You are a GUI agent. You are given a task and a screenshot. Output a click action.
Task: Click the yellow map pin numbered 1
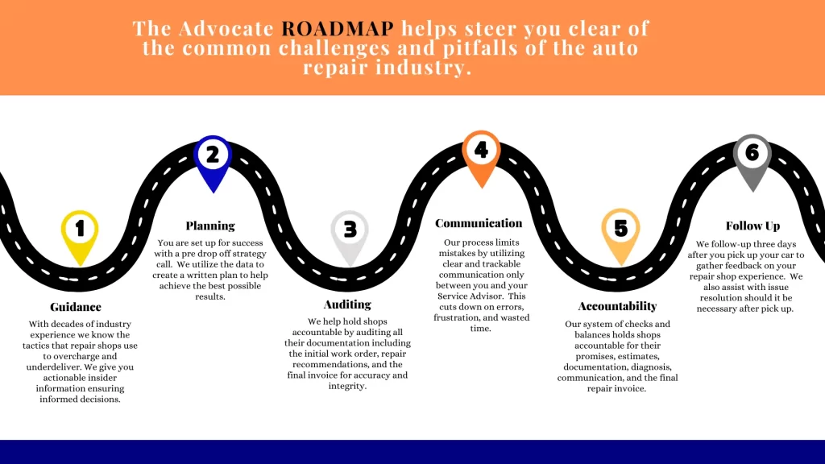(x=80, y=230)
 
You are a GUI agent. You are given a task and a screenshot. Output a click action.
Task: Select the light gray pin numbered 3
(x=350, y=231)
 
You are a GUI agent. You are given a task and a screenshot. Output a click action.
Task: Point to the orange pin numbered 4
(x=481, y=151)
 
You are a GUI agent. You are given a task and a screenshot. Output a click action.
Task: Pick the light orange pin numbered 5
(x=620, y=230)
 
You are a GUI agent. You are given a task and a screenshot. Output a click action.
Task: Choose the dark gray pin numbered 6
(x=752, y=155)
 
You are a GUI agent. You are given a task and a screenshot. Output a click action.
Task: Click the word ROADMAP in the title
(x=338, y=29)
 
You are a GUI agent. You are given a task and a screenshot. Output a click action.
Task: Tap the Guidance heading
(x=76, y=307)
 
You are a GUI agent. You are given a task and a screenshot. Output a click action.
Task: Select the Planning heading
(x=210, y=226)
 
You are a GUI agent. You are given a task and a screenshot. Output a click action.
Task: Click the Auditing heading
(x=347, y=304)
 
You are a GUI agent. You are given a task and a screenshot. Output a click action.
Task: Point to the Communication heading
(x=479, y=223)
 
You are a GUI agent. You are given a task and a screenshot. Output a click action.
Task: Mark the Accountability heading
(x=617, y=306)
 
